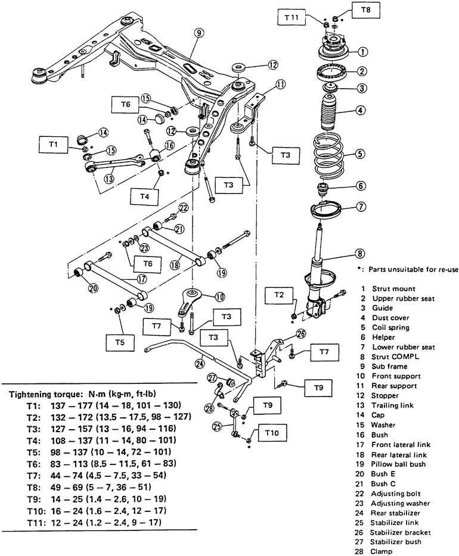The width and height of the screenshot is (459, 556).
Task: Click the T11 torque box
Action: pos(293,18)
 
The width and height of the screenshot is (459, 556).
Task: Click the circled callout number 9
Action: pos(199,33)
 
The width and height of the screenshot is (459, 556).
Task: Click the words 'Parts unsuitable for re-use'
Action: pos(408,268)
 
